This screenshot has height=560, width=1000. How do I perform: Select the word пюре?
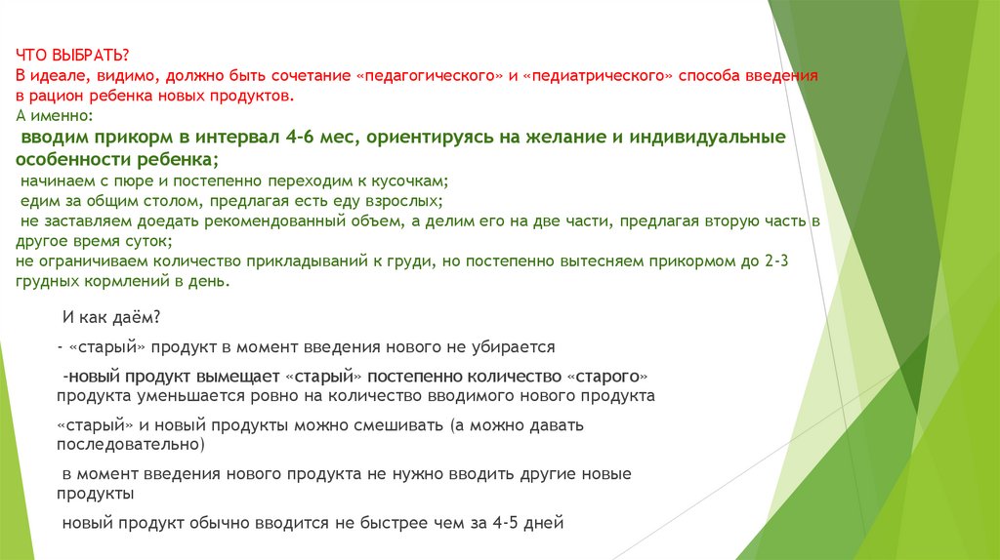pyautogui.click(x=149, y=181)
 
